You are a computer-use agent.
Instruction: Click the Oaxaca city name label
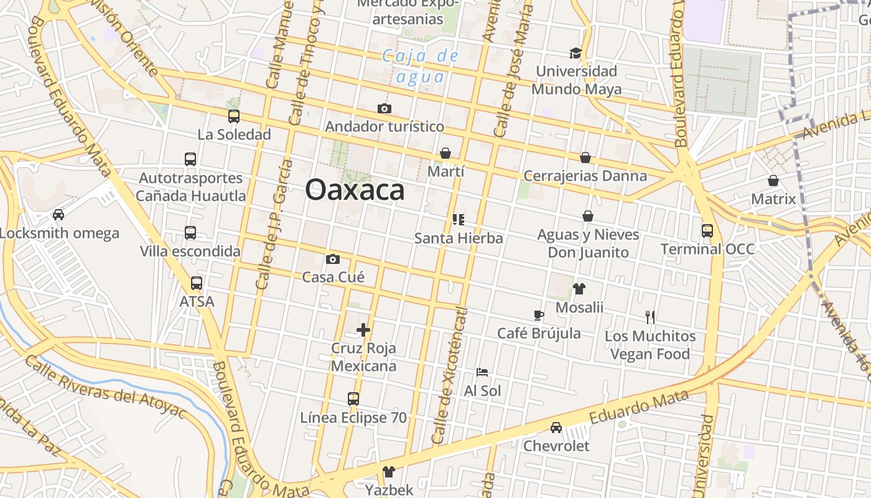[x=355, y=190]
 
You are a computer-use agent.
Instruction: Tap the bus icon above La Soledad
[x=234, y=116]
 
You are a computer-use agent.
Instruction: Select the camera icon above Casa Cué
[x=333, y=259]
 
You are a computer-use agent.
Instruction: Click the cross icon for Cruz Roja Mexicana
[x=363, y=330]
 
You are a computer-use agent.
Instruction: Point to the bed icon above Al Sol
[x=482, y=372]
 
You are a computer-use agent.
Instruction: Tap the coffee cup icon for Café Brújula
[x=539, y=316]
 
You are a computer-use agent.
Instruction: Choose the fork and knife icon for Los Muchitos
[x=650, y=317]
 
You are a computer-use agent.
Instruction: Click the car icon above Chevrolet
[x=556, y=428]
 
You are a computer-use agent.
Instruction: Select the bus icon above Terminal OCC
[x=707, y=231]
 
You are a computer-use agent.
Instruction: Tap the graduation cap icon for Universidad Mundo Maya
[x=575, y=54]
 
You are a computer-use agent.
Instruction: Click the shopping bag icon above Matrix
[x=773, y=181]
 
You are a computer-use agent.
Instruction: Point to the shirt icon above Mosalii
[x=579, y=289]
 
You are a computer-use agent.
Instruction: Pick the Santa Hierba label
[x=459, y=238]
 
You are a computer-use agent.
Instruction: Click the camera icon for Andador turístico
[x=384, y=109]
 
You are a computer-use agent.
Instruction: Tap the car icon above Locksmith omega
[x=58, y=215]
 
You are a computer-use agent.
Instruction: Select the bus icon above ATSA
[x=197, y=283]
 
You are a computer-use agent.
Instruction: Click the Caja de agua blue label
[x=421, y=67]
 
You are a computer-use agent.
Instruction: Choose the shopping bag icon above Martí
[x=445, y=153]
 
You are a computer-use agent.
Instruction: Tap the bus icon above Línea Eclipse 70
[x=353, y=399]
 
